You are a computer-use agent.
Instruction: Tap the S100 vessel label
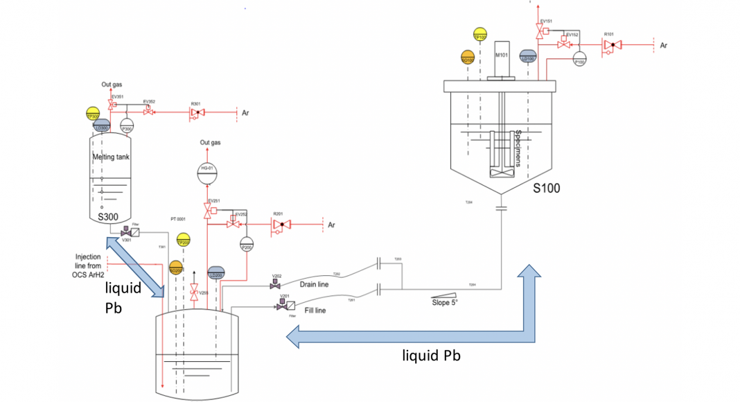547,187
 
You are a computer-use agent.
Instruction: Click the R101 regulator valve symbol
610,46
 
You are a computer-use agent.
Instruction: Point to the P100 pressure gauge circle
580,60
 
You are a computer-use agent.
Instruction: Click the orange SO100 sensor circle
468,58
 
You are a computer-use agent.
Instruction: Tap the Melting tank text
112,157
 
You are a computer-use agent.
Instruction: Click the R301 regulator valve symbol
197,112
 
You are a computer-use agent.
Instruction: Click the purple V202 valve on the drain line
276,284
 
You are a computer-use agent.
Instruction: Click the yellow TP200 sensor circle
184,241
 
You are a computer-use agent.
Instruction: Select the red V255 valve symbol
195,291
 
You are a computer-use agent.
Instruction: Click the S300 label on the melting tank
110,217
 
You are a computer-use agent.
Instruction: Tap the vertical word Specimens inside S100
518,150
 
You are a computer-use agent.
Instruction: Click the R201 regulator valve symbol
281,225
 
